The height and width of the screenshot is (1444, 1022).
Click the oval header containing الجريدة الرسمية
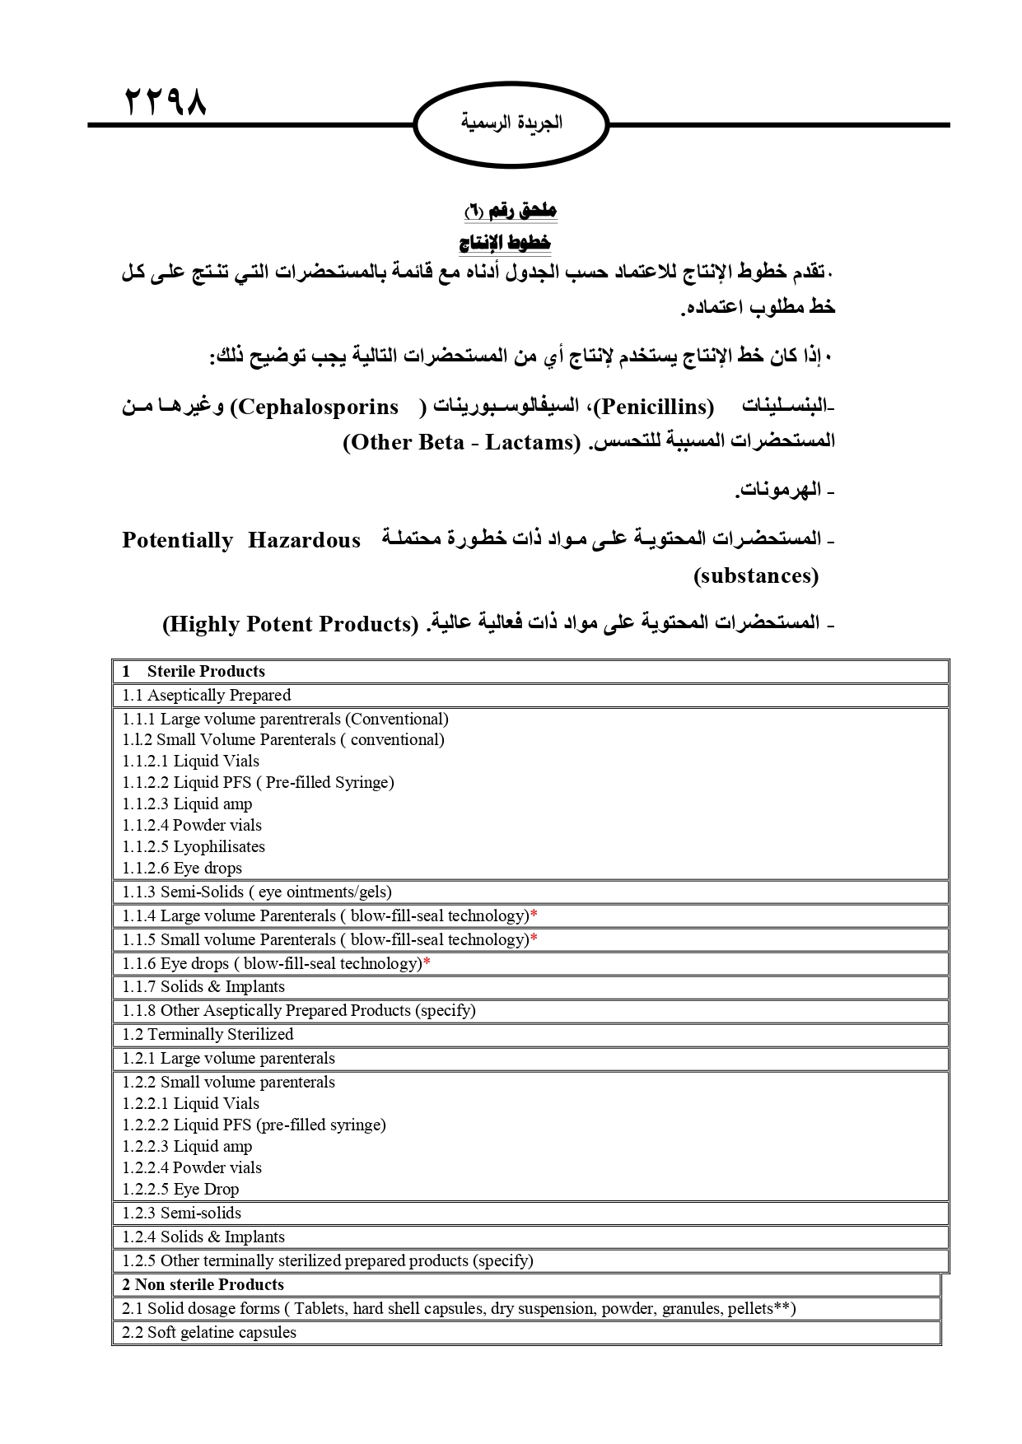(511, 123)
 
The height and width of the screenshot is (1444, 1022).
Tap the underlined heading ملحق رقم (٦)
(511, 211)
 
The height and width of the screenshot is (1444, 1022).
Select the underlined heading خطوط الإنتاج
(505, 243)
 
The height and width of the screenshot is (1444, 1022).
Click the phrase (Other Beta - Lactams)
(462, 442)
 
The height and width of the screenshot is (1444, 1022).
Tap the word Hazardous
(304, 540)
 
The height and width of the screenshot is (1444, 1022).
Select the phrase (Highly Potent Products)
(291, 624)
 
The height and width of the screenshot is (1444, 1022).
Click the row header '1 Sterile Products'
(194, 671)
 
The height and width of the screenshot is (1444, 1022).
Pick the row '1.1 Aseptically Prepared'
(206, 695)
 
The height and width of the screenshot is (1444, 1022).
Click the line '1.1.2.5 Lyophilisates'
(194, 846)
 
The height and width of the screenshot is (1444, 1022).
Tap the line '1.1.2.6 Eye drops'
(182, 868)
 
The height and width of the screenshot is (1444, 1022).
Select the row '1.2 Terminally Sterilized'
(208, 1034)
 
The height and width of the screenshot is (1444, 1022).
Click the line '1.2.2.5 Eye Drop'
(180, 1189)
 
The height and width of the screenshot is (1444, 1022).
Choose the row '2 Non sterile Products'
(203, 1284)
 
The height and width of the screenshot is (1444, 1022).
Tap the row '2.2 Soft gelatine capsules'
(209, 1332)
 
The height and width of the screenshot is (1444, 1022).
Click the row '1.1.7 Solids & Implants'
(203, 986)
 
